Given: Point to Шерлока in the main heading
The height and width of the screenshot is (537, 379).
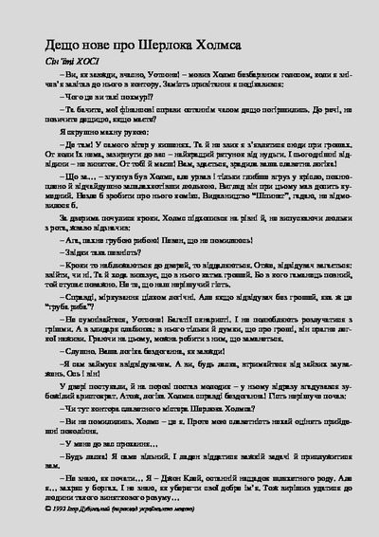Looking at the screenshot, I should (189, 46).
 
